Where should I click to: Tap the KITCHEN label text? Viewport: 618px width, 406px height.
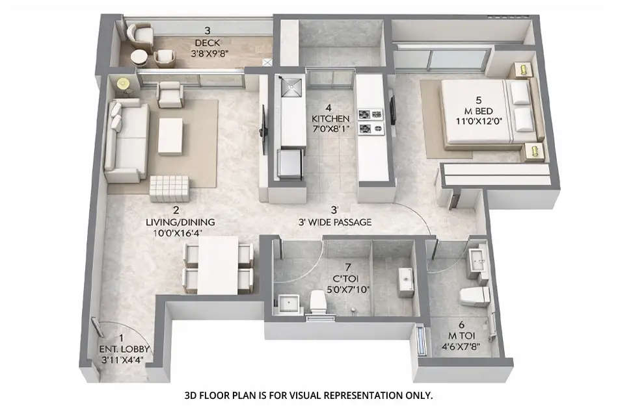(330, 119)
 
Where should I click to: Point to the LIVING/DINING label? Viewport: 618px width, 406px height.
(180, 222)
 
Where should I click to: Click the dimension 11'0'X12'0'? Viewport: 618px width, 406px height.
(478, 121)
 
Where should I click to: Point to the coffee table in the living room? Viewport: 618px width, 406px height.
(170, 136)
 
